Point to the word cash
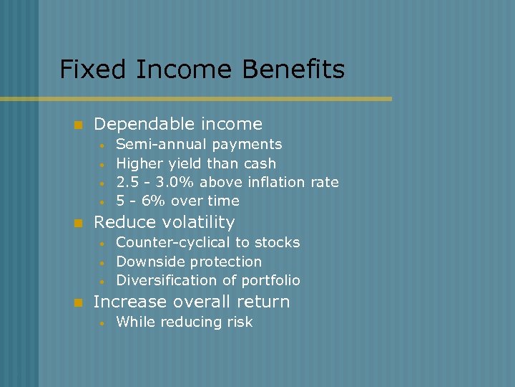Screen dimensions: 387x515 click(x=260, y=163)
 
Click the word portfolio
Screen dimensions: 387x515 click(x=273, y=281)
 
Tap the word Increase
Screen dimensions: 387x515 click(x=126, y=302)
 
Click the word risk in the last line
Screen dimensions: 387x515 click(x=239, y=322)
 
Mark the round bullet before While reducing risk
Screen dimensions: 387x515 click(x=103, y=322)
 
